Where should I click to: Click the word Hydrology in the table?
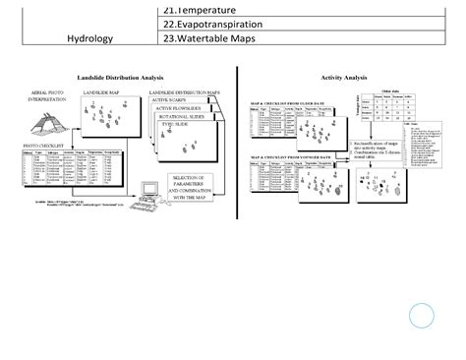point(90,39)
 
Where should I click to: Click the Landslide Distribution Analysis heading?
point(120,77)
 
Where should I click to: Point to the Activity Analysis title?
point(343,77)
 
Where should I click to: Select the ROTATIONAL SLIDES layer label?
point(183,116)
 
